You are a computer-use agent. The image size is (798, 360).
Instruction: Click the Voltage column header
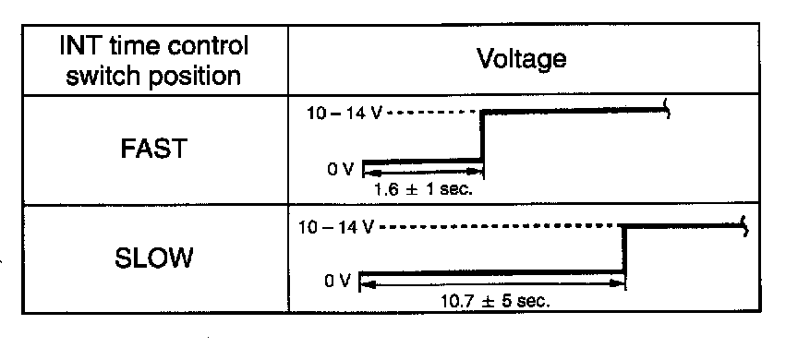coord(522,59)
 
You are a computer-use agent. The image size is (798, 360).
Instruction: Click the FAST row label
coord(153,149)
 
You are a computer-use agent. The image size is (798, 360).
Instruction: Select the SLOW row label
coord(153,258)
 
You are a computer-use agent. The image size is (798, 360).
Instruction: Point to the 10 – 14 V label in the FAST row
coord(344,113)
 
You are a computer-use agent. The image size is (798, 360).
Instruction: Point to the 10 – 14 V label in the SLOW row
coord(336,227)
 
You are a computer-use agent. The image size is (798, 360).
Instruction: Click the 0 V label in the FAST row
coord(340,170)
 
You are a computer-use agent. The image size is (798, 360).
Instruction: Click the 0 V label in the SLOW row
coord(338,281)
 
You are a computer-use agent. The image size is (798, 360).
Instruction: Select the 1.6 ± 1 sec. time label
coord(423,189)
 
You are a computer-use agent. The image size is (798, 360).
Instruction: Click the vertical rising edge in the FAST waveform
coord(482,137)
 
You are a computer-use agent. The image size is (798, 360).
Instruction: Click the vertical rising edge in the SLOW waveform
coord(623,249)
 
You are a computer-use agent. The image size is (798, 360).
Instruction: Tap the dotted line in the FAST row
coord(432,113)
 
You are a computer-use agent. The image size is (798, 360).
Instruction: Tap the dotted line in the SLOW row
coord(498,225)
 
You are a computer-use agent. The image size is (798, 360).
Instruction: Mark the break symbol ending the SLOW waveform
coord(745,226)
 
